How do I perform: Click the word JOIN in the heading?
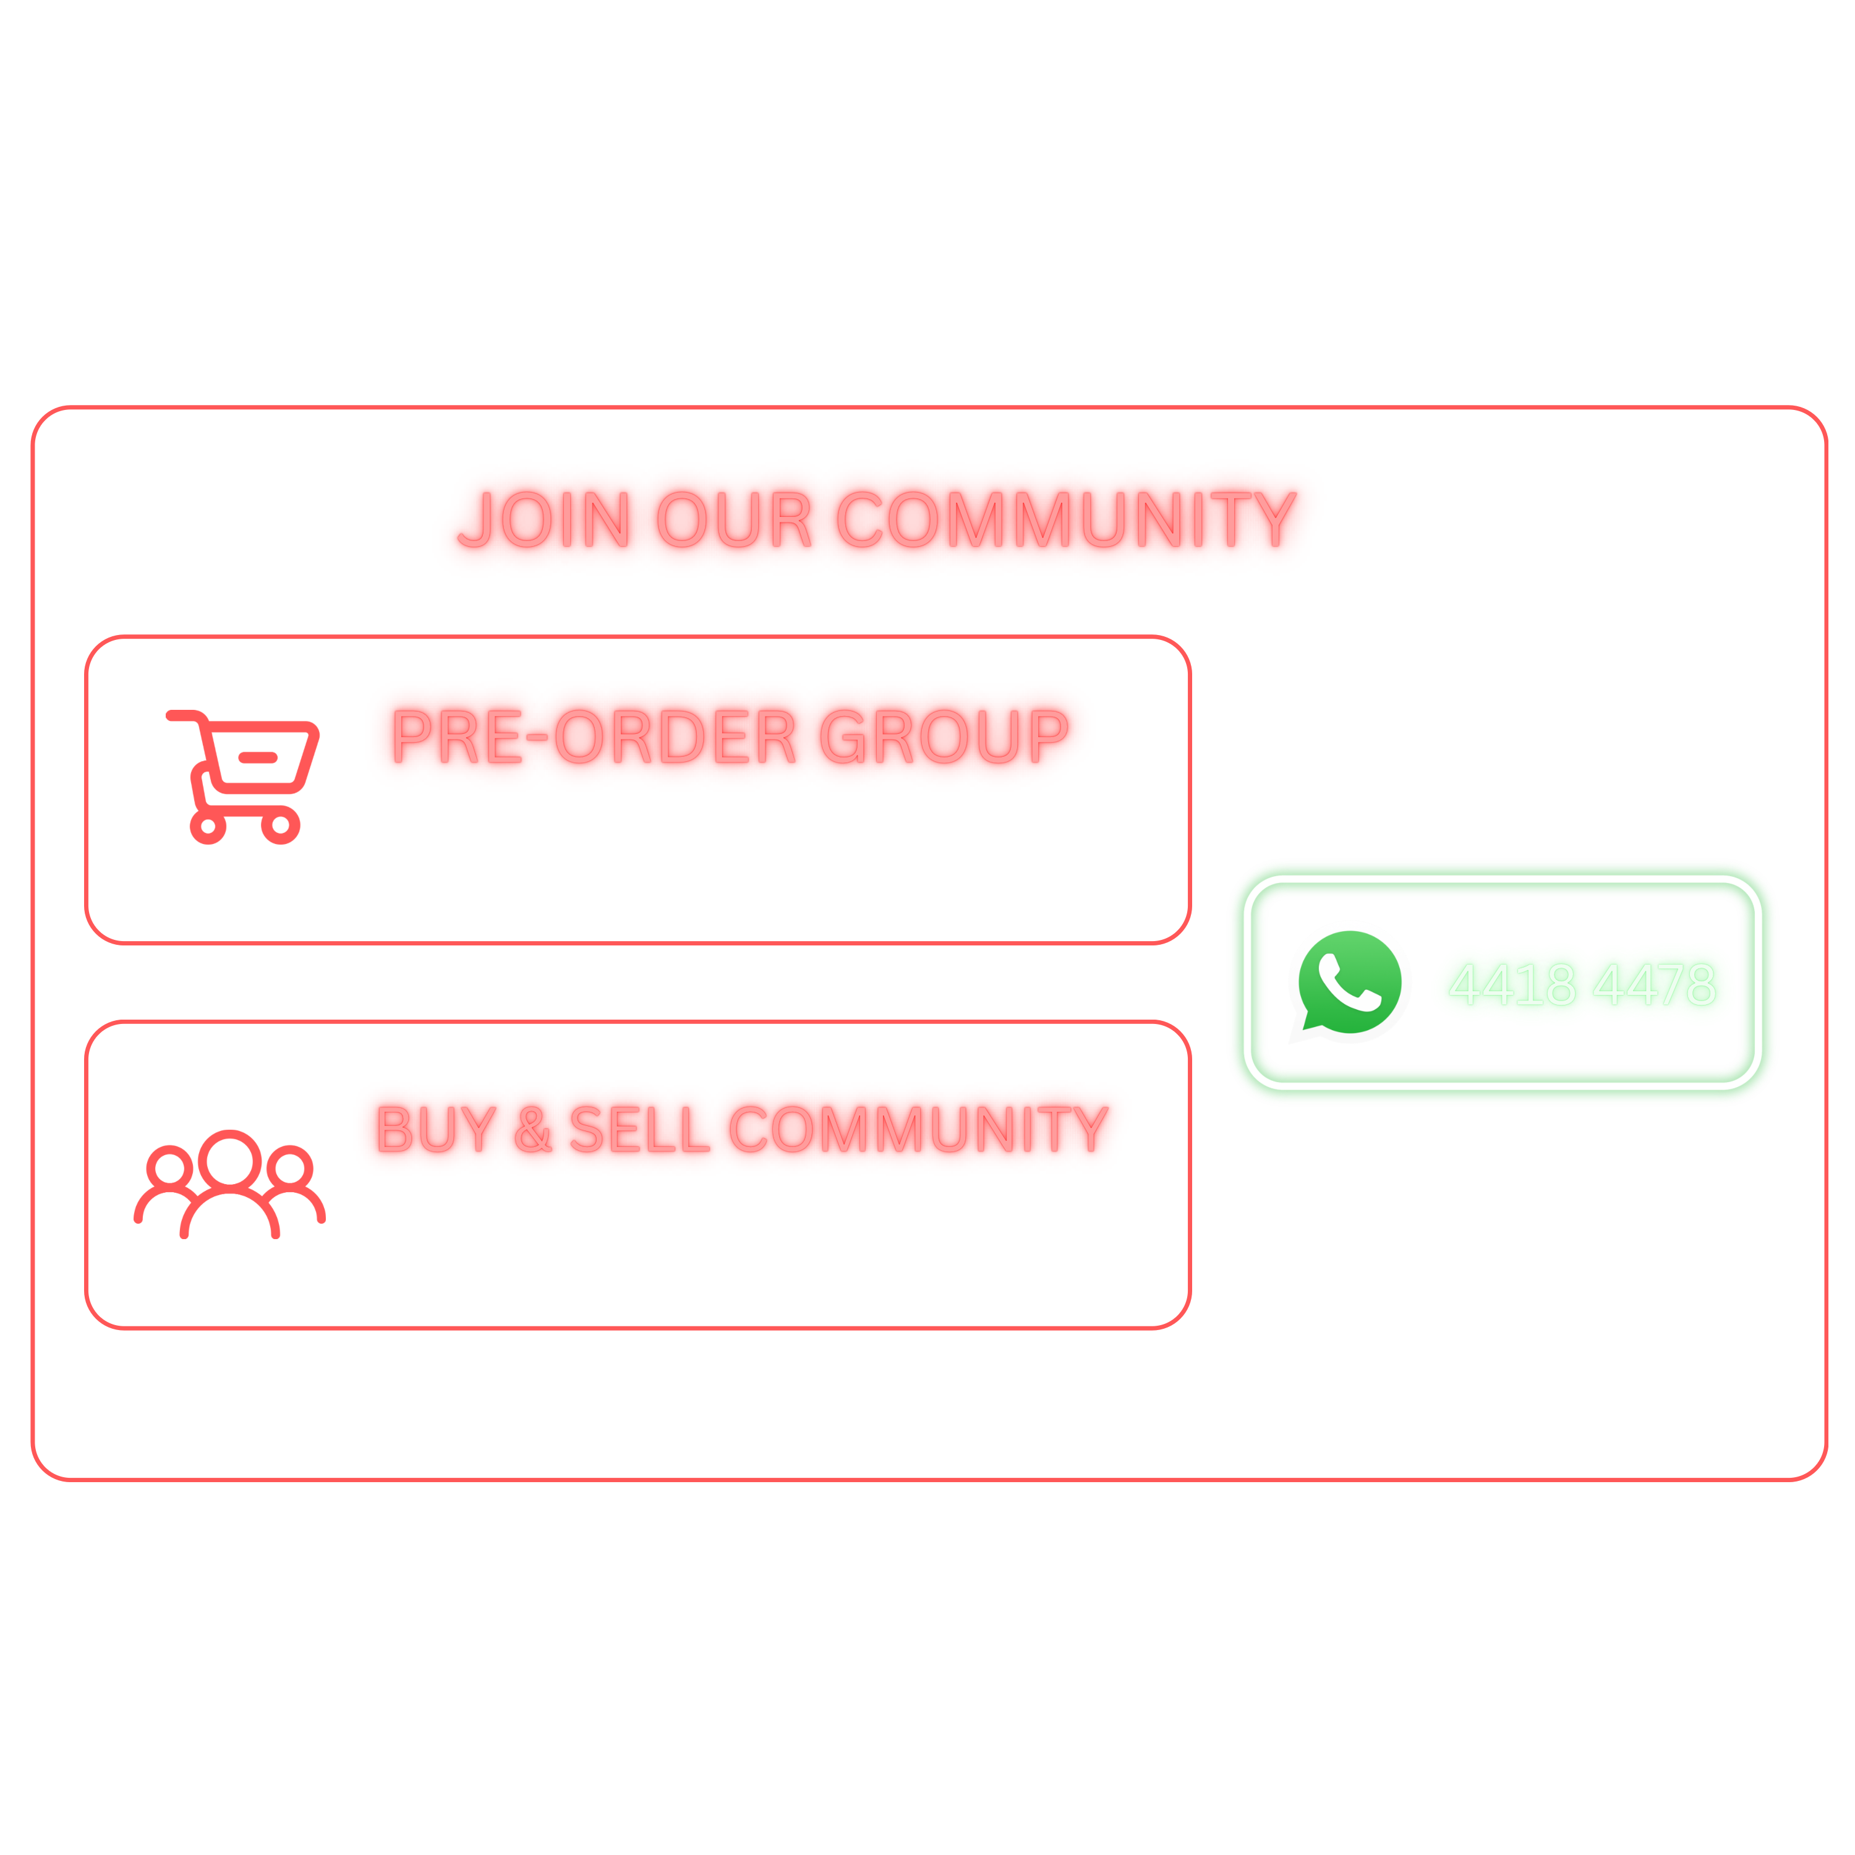(x=544, y=519)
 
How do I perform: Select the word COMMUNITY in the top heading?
(x=1067, y=519)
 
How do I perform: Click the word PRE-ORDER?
(x=594, y=736)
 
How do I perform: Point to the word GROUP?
(x=944, y=736)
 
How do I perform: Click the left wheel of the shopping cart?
(x=208, y=825)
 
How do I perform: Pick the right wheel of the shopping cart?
(x=280, y=825)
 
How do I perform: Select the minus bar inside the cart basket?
(x=258, y=757)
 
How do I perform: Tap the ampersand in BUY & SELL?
(x=533, y=1129)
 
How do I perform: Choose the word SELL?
(x=639, y=1129)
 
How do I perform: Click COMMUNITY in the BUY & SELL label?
(x=919, y=1129)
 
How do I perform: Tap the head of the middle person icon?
(x=229, y=1159)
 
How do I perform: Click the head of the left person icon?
(x=170, y=1167)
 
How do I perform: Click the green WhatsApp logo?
(x=1348, y=983)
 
